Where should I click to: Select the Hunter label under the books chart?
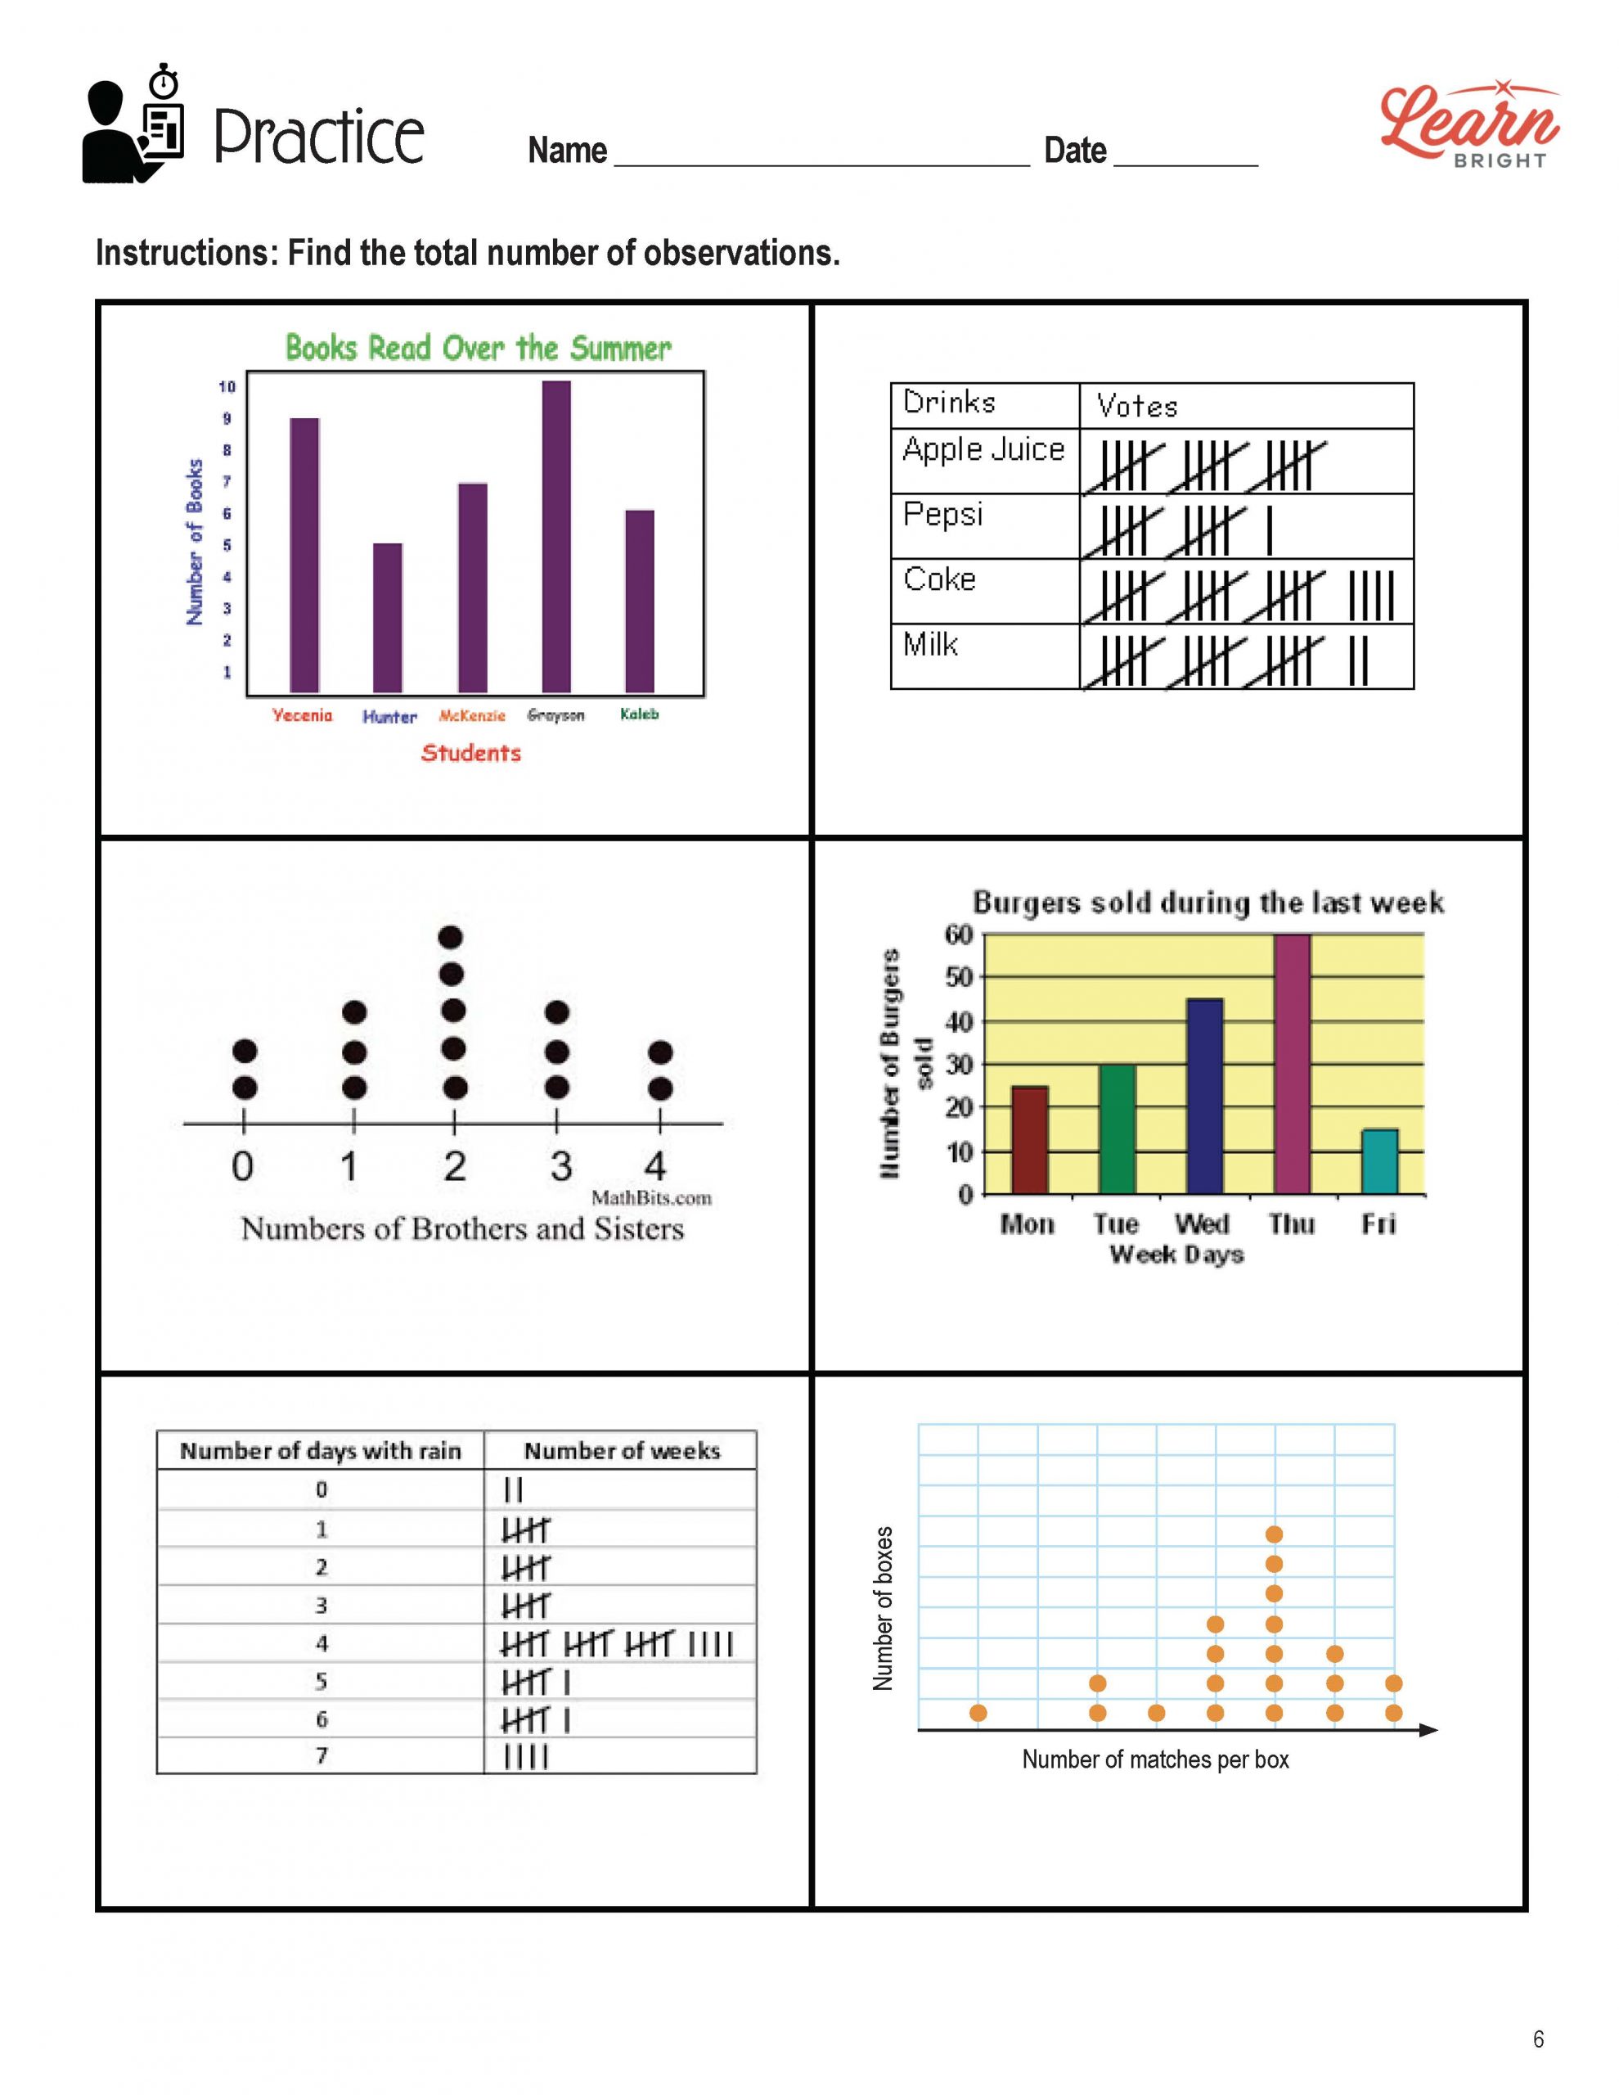389,717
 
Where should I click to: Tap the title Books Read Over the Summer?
478,347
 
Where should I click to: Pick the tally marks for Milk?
1237,660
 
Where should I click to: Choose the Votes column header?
1136,406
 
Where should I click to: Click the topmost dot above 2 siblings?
451,937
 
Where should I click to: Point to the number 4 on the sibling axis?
655,1166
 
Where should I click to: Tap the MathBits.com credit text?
651,1197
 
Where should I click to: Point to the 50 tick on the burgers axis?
959,977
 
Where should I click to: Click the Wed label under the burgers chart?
1201,1224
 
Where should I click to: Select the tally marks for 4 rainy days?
617,1644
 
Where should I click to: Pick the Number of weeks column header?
622,1451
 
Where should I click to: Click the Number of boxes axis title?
884,1609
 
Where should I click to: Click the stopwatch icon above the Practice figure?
166,82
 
